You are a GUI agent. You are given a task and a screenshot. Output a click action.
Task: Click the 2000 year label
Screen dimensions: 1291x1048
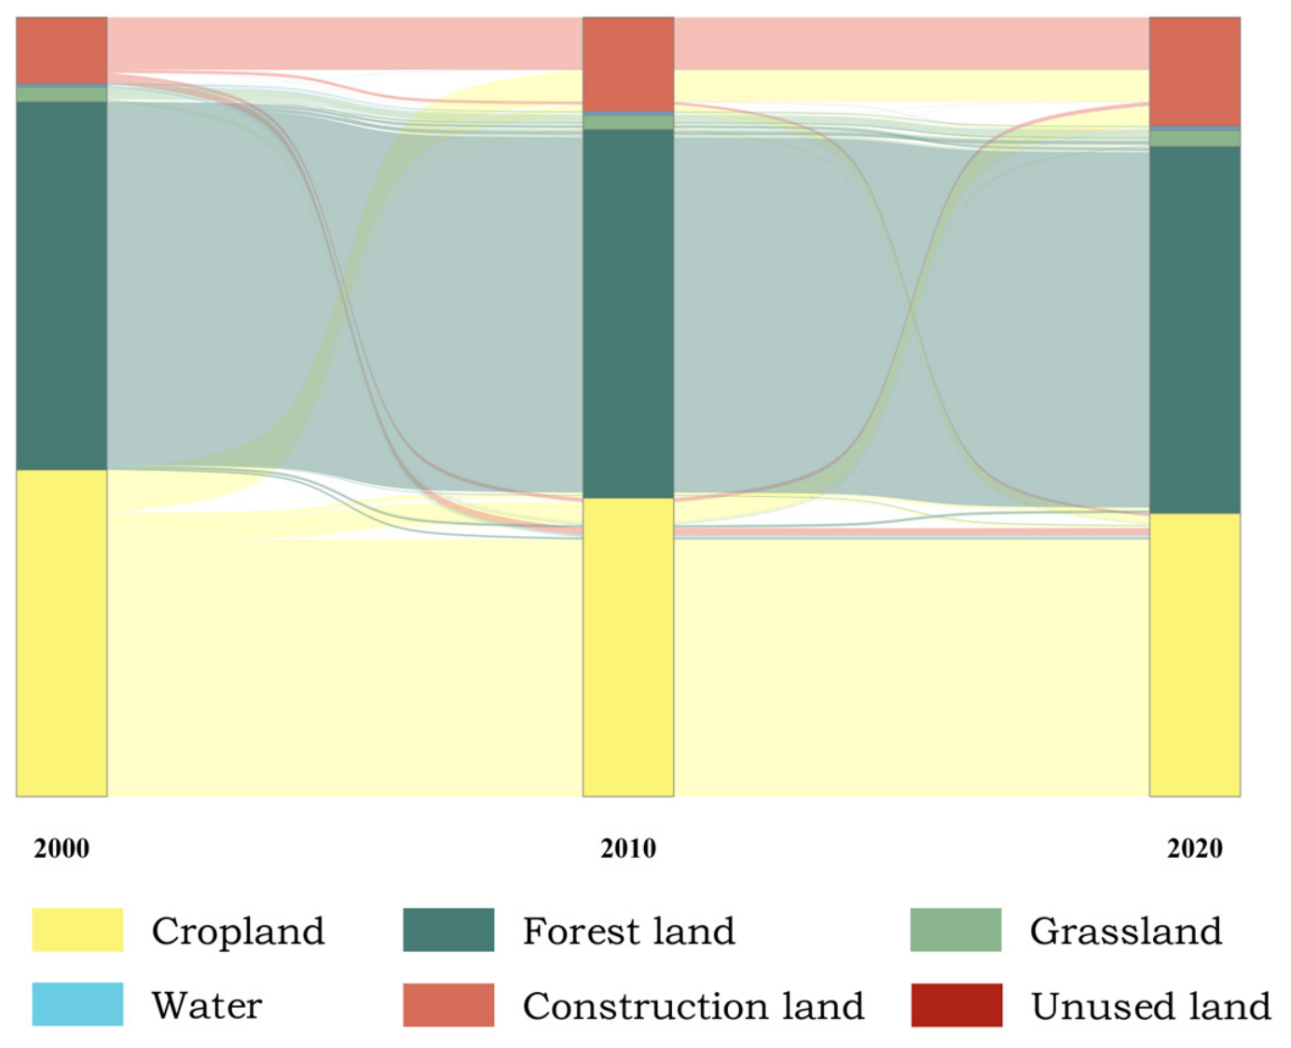click(x=62, y=848)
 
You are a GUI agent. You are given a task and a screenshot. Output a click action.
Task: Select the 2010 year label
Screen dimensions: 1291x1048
click(x=628, y=848)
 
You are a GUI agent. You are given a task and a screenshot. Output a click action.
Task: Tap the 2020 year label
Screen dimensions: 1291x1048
click(x=1195, y=848)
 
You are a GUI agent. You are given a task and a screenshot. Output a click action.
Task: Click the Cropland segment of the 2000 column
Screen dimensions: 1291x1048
click(x=62, y=633)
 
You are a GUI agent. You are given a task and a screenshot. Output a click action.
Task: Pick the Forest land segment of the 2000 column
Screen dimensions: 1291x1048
click(x=62, y=285)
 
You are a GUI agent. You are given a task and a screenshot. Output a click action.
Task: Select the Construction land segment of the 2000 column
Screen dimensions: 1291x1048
click(x=62, y=50)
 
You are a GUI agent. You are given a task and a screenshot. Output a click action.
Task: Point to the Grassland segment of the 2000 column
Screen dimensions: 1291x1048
click(x=62, y=94)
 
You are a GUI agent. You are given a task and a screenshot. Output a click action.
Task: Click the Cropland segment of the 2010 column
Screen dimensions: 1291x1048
click(x=628, y=647)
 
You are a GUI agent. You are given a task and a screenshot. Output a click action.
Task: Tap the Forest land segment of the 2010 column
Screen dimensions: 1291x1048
click(x=628, y=314)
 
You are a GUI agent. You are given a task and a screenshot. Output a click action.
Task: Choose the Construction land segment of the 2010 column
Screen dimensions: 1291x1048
click(x=628, y=64)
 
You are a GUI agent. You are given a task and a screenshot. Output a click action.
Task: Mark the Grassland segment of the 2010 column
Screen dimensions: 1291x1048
click(x=628, y=122)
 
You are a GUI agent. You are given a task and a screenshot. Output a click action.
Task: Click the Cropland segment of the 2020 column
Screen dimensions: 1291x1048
click(x=1195, y=655)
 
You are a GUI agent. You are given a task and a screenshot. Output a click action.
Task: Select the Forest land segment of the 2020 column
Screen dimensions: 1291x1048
click(x=1195, y=330)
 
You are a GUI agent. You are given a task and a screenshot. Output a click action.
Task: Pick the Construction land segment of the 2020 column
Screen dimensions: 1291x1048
click(x=1195, y=72)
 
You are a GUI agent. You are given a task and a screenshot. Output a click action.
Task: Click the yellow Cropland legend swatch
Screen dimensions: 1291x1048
click(x=77, y=930)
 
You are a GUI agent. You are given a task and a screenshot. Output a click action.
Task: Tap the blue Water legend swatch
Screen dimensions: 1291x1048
click(x=77, y=1004)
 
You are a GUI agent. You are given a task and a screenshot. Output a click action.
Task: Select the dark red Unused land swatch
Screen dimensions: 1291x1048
click(x=956, y=1005)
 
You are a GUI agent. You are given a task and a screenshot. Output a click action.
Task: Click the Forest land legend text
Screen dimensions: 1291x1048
click(x=628, y=931)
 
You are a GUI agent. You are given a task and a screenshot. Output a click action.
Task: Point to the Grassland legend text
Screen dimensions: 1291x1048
click(x=1125, y=931)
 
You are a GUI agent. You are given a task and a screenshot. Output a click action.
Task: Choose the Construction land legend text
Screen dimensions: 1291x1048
click(x=694, y=1006)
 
